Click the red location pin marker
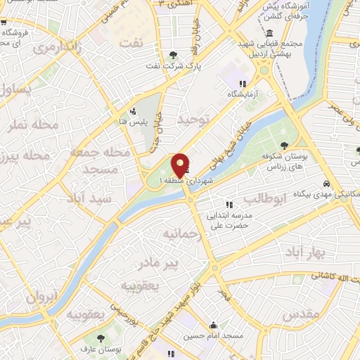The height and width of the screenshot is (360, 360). (181, 166)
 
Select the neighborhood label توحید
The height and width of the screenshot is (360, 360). (193, 120)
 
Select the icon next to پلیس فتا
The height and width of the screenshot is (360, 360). (133, 110)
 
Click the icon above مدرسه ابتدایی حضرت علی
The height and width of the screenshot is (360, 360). (229, 205)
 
